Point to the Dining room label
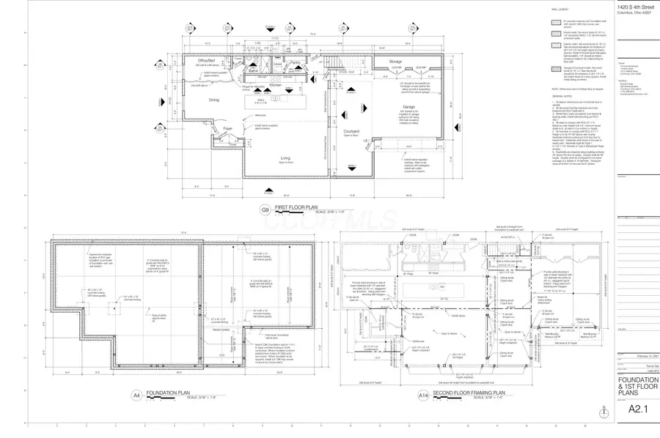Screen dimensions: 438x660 (x=214, y=100)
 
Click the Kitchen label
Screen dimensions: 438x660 (x=275, y=86)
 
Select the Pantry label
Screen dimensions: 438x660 (x=294, y=63)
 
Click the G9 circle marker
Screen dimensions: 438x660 (x=265, y=209)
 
